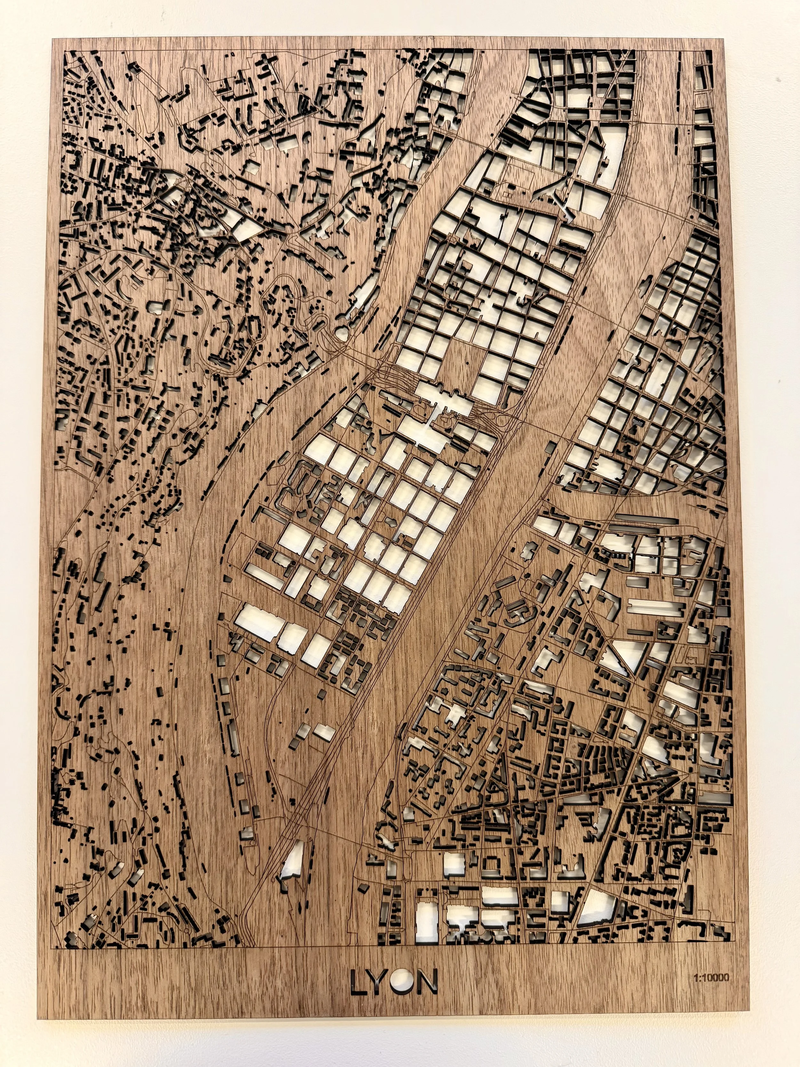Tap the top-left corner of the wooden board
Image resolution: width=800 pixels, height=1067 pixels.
pyautogui.click(x=52, y=39)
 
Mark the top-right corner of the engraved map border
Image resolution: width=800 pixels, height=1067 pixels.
pyautogui.click(x=713, y=50)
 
